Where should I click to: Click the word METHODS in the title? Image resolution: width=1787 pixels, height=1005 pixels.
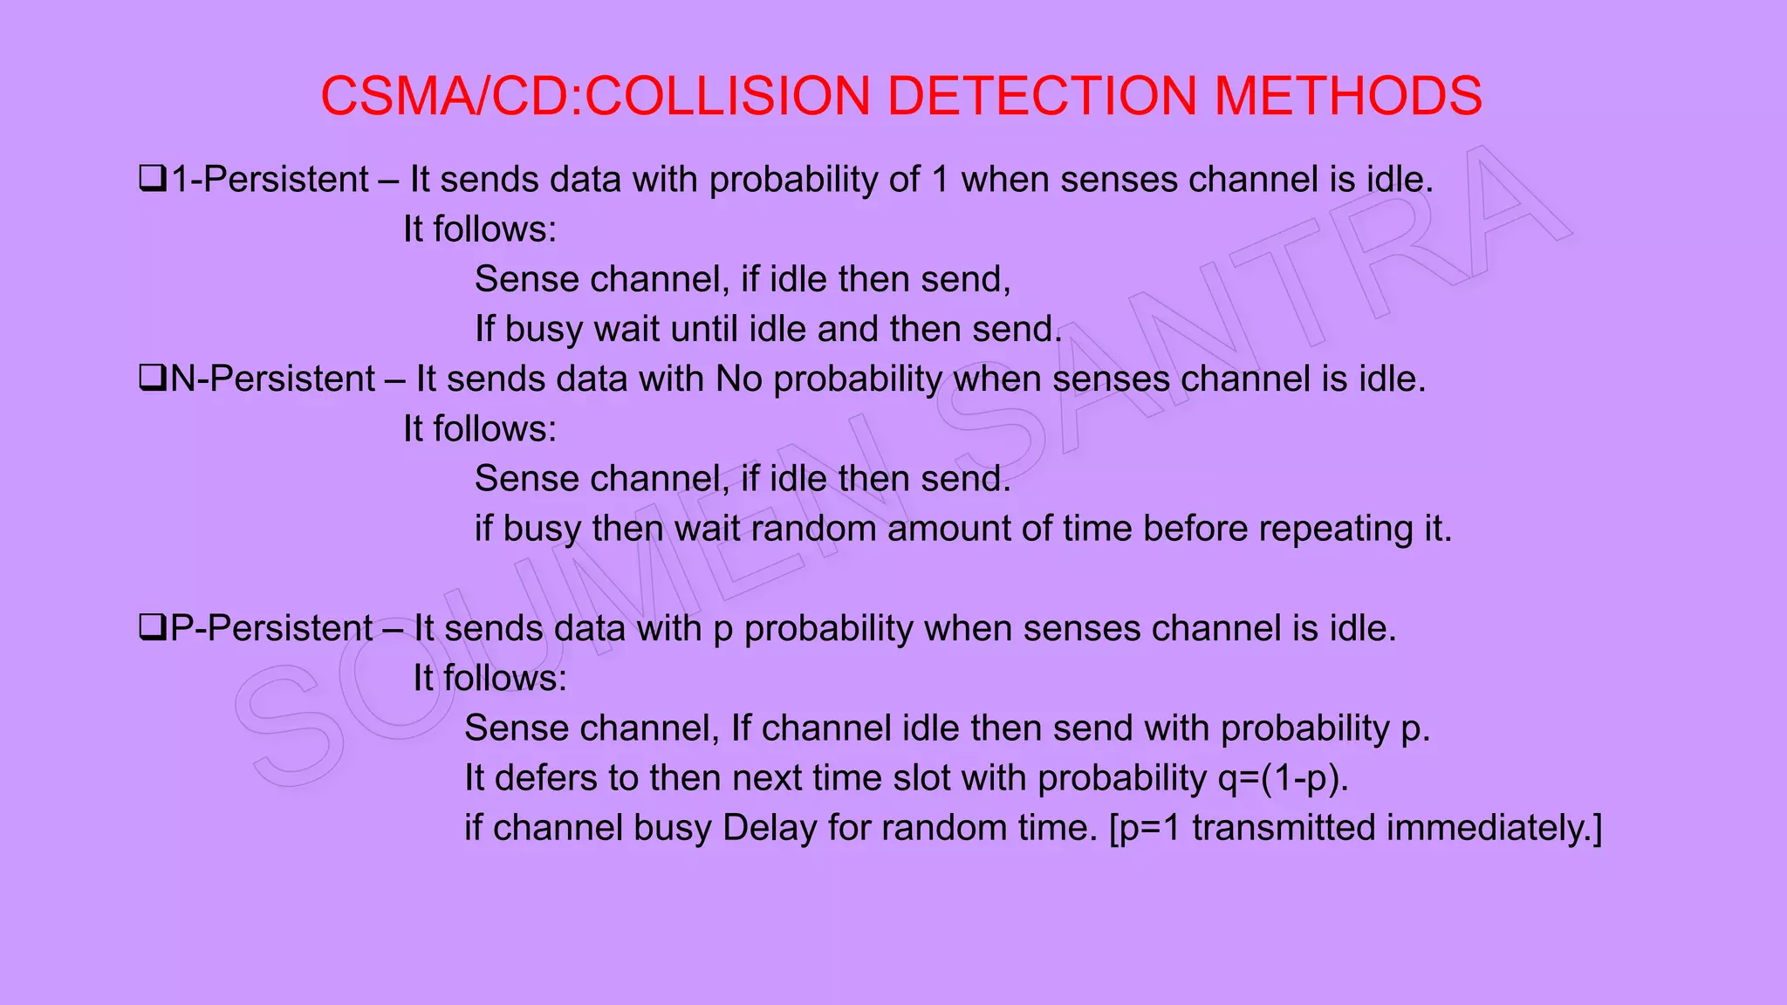[1347, 95]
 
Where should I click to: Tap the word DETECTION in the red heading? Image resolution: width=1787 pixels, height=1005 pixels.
[1042, 95]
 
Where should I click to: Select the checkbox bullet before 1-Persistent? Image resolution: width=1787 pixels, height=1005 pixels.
[152, 180]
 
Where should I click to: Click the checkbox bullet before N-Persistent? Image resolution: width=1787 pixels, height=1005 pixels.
[152, 379]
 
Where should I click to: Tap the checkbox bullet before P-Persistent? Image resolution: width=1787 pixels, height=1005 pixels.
[152, 628]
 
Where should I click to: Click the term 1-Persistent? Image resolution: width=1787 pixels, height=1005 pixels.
[270, 180]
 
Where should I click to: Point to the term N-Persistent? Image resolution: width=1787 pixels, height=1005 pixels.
[273, 379]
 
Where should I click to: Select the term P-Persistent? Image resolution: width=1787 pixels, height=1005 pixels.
[271, 628]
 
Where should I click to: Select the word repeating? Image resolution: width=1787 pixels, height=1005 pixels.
[1335, 529]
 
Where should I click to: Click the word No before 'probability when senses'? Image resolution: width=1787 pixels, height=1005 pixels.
[738, 379]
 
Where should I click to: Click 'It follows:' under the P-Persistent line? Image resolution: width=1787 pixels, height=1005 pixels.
[490, 678]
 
